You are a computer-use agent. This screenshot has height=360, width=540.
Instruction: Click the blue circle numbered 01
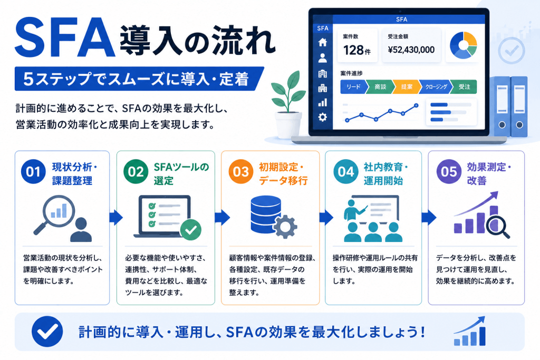[33, 171]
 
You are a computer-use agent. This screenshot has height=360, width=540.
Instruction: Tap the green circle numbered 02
[136, 171]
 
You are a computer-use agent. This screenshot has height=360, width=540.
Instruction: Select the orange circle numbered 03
[240, 171]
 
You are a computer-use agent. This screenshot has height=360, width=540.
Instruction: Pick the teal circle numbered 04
[346, 171]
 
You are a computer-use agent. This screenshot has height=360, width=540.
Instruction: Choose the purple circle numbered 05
[449, 171]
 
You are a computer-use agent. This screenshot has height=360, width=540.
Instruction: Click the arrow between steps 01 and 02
[116, 217]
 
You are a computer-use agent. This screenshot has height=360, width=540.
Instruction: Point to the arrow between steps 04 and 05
[429, 217]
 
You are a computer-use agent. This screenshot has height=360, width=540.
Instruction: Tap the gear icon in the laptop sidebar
[322, 117]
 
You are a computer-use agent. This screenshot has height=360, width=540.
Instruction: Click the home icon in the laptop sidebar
[322, 42]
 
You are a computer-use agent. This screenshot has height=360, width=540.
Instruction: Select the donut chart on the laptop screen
[463, 45]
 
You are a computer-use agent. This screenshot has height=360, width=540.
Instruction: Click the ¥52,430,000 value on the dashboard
[411, 50]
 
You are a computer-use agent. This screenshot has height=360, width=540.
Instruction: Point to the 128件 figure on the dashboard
[357, 50]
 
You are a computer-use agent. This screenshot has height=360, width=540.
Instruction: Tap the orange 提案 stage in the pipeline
[407, 87]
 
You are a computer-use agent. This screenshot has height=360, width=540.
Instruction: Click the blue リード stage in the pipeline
[353, 87]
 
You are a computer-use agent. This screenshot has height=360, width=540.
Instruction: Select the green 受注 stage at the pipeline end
[464, 87]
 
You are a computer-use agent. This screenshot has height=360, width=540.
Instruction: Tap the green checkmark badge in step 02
[191, 230]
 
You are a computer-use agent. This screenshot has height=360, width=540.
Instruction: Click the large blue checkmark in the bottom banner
[47, 332]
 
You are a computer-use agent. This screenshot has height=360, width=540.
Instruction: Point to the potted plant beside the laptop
[288, 105]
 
